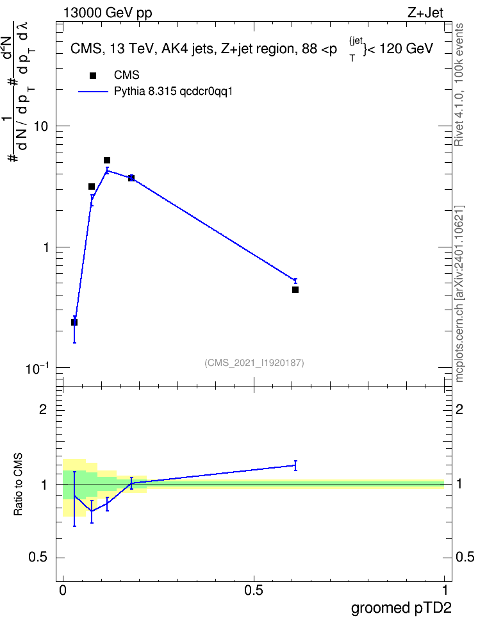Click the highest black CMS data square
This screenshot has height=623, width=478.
tap(107, 160)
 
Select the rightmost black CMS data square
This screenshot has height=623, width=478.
tap(295, 290)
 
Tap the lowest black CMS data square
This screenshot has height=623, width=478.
tap(74, 322)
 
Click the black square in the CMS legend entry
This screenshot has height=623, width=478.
tap(93, 76)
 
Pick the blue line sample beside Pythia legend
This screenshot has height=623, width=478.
tap(93, 92)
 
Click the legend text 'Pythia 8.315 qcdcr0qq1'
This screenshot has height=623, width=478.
tap(173, 92)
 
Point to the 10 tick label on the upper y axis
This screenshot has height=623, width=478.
tap(40, 127)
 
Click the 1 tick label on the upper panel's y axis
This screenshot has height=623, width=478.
tap(45, 247)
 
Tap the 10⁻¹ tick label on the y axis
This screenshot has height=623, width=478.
tap(37, 369)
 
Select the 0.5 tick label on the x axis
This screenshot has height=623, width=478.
tap(254, 590)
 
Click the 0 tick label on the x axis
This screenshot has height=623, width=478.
tap(63, 590)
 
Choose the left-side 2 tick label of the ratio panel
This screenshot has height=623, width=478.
tap(44, 409)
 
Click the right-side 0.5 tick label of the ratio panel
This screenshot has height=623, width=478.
tap(465, 557)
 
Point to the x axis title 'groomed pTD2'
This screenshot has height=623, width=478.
tap(401, 608)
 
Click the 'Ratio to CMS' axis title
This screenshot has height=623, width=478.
tap(18, 485)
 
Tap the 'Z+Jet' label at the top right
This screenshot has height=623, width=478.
tap(425, 13)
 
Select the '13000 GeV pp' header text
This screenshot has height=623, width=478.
tap(108, 13)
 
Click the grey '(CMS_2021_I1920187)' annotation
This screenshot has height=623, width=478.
tap(254, 363)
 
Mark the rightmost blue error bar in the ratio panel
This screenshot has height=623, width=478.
tap(295, 465)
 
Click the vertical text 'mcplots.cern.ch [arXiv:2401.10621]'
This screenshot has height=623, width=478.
tap(459, 294)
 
